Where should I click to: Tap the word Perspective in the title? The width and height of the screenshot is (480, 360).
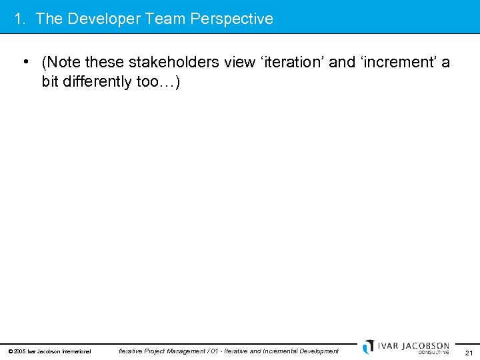coord(231,19)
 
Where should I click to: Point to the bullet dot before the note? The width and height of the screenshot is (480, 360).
coord(24,63)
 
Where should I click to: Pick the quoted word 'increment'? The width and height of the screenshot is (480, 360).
coord(397,63)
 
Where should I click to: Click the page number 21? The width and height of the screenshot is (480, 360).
coord(469,353)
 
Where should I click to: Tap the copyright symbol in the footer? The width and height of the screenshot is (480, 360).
coord(10,351)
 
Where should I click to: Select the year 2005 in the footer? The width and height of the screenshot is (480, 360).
coord(20,351)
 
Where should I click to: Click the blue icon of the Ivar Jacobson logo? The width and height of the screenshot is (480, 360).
coord(368,347)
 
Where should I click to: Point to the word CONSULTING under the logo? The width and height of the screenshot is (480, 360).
coord(433,353)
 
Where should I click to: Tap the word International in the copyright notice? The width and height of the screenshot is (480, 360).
coord(76,351)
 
